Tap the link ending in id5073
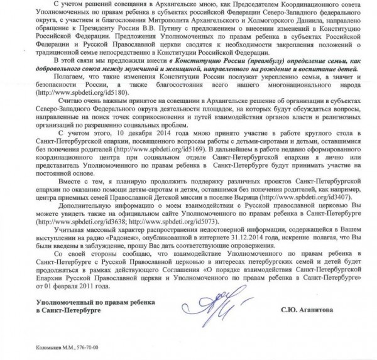[x=163, y=231]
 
